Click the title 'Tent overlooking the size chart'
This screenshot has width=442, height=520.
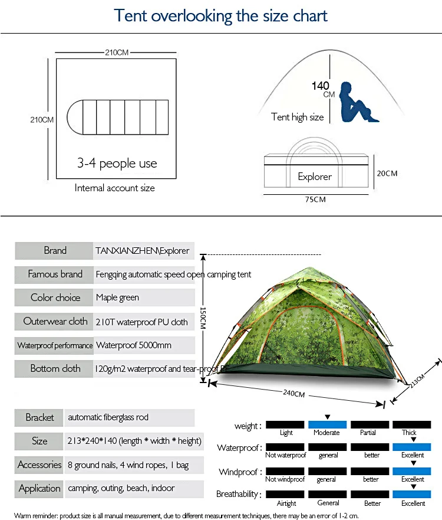coord(220,16)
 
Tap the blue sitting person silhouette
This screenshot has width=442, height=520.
coord(357,103)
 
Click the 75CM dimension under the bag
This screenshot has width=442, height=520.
coord(315,200)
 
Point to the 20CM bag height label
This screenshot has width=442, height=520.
coord(387,173)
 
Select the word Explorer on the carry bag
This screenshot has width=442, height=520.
coord(315,176)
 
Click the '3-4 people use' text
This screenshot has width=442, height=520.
coord(117,163)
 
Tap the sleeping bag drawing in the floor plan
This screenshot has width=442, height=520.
coord(117,117)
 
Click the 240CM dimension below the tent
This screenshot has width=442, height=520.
coord(293,393)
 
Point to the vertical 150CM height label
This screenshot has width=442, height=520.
coord(203,318)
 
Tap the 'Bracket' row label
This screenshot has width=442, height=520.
coord(39,417)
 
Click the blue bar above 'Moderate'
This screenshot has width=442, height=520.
coord(327,424)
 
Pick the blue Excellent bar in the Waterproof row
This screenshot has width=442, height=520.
coord(411,447)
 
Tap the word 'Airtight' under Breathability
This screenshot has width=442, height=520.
coord(286,503)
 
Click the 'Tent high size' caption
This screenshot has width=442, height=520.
coord(297,117)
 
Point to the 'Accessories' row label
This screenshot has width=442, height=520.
coord(39,465)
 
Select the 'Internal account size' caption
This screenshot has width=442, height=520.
coord(114,188)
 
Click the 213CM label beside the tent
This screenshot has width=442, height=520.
coord(417,380)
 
